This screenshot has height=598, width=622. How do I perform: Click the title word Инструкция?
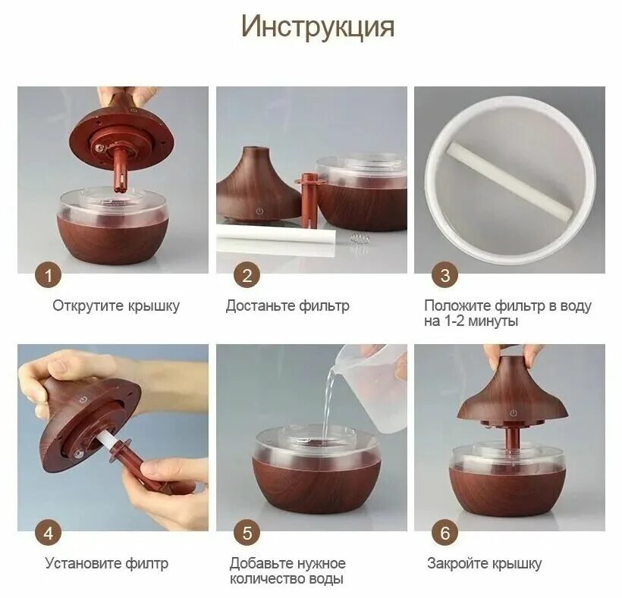(318, 27)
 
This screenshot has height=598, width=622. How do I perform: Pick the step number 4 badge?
(49, 533)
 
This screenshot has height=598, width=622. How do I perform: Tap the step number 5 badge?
(247, 533)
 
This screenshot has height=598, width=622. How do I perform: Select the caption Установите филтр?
(106, 563)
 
